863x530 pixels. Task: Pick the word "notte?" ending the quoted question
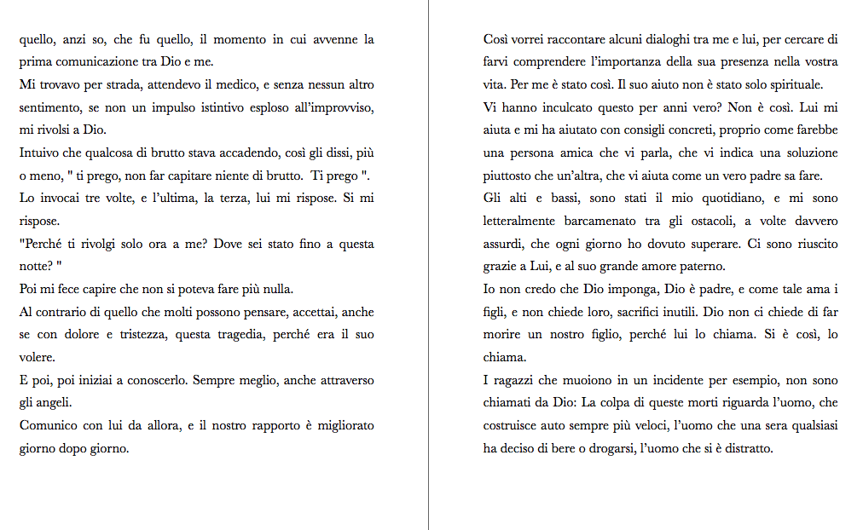(37, 267)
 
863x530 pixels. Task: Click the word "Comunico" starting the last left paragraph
(46, 425)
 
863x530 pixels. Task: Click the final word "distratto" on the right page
(745, 448)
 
